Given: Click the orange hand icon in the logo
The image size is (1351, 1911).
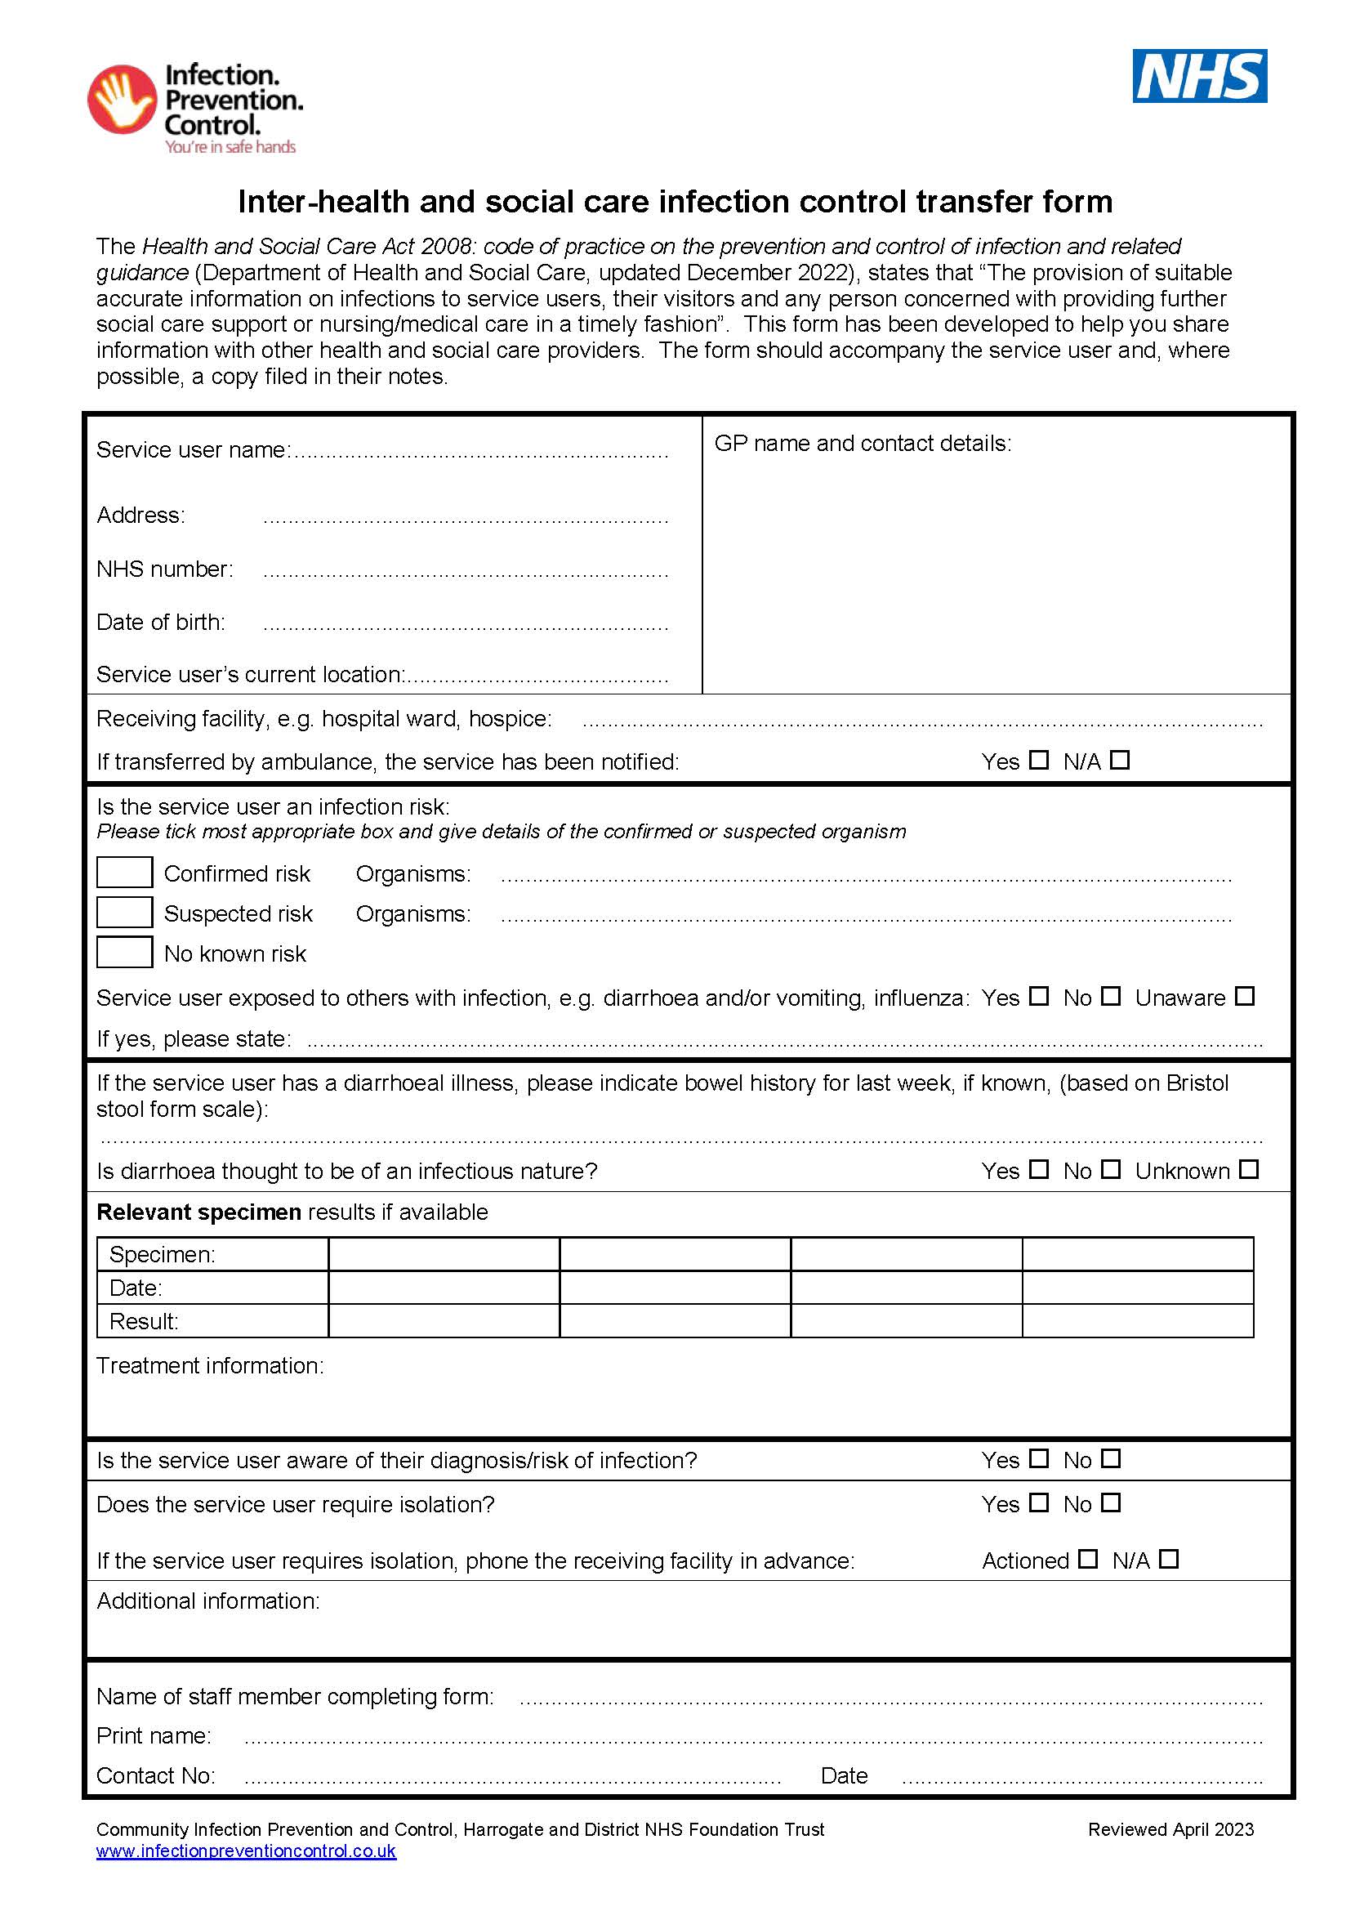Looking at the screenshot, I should pyautogui.click(x=123, y=99).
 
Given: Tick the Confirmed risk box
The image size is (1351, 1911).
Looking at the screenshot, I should pyautogui.click(x=124, y=873).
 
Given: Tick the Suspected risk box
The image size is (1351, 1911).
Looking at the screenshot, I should pyautogui.click(x=124, y=913).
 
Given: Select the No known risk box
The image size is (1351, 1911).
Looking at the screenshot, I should pyautogui.click(x=124, y=952).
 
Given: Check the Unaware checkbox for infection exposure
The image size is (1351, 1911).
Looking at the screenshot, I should pyautogui.click(x=1244, y=995).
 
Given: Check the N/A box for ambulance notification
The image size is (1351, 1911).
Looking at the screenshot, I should pyautogui.click(x=1120, y=760).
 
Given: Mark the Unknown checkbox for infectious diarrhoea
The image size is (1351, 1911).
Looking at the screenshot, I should pyautogui.click(x=1248, y=1169).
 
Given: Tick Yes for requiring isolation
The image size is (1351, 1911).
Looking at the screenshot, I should pyautogui.click(x=1038, y=1502).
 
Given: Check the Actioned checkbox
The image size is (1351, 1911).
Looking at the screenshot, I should pyautogui.click(x=1087, y=1559).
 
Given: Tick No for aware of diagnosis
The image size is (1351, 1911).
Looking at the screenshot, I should pyautogui.click(x=1111, y=1458).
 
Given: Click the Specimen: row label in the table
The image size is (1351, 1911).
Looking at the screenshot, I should pyautogui.click(x=163, y=1254).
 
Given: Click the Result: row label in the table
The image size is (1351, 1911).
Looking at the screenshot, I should pyautogui.click(x=144, y=1321).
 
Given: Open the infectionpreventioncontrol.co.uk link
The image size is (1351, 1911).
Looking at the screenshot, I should pyautogui.click(x=246, y=1851).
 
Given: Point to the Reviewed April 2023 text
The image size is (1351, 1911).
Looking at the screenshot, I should pyautogui.click(x=1170, y=1828).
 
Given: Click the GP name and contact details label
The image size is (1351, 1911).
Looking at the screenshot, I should pyautogui.click(x=863, y=443).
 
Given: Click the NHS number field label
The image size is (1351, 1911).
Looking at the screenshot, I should pyautogui.click(x=165, y=569).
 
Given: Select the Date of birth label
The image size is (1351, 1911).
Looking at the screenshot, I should pyautogui.click(x=161, y=622).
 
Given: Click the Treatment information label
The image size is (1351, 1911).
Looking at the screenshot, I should pyautogui.click(x=210, y=1365).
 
